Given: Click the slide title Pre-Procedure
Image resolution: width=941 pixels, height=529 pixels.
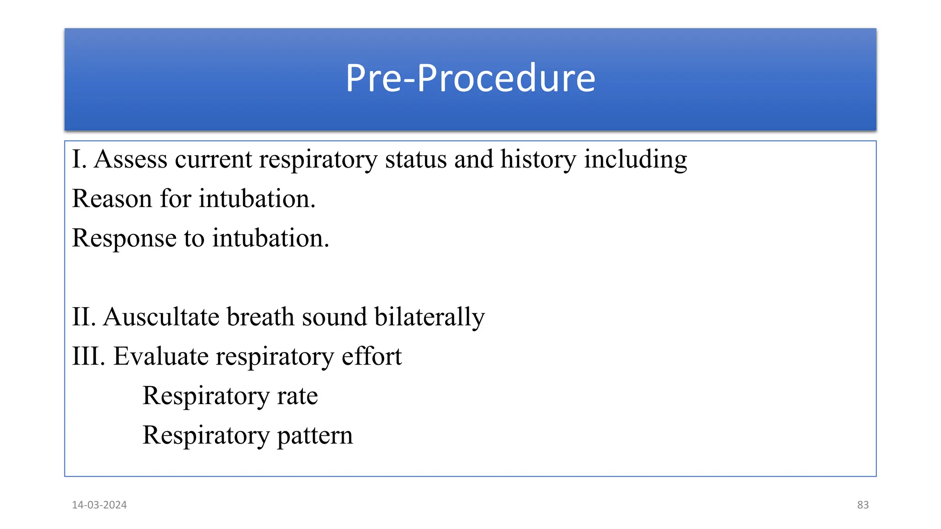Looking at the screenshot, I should tap(470, 78).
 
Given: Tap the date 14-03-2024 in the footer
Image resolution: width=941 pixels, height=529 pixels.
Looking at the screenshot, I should tap(99, 505).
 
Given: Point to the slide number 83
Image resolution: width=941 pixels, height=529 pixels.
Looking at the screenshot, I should tap(863, 505).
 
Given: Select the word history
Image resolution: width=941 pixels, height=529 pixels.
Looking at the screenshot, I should tap(538, 159).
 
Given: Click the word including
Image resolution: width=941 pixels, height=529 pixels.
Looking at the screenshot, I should tap(635, 159).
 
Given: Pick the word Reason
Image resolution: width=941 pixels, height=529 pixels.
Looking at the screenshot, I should tap(112, 199).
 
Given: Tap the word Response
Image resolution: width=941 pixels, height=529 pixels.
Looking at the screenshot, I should tap(124, 238).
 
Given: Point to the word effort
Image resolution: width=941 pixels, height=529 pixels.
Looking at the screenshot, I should tap(371, 356).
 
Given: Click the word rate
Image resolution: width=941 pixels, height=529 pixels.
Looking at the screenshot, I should tap(297, 396).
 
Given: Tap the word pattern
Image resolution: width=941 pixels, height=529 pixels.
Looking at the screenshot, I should tap(315, 436).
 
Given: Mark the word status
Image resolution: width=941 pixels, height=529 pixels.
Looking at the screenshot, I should tap(416, 159).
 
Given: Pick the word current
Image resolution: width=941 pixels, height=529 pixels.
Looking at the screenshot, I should tap(213, 159).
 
